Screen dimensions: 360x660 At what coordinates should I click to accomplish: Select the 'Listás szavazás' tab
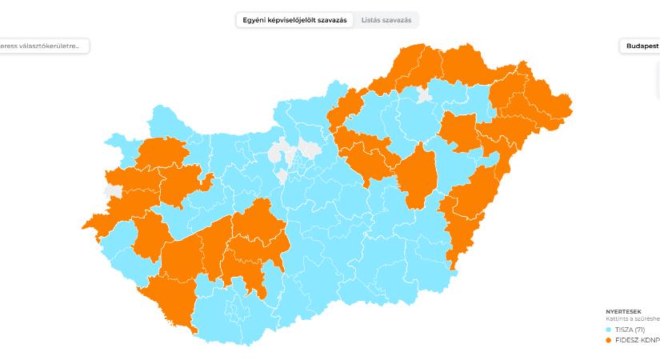pos(386,20)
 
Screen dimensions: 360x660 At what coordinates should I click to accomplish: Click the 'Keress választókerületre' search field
pos(44,46)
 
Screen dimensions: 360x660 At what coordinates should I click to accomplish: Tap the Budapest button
pos(639,46)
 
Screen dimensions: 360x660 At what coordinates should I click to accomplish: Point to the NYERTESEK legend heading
pos(623,311)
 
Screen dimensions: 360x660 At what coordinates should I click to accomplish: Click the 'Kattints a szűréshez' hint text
pos(632,318)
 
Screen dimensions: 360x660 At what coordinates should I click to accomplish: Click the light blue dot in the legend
pos(610,330)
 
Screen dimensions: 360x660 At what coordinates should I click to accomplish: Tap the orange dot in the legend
pos(610,340)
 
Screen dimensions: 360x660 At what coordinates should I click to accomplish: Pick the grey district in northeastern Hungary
pos(424,98)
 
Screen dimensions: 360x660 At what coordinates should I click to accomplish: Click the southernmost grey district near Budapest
pos(282,175)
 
